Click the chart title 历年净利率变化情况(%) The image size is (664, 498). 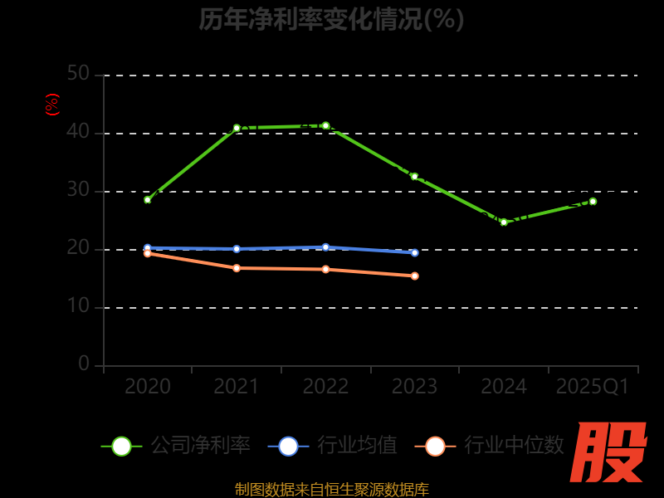[x=331, y=18]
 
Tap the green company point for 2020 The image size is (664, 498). [x=148, y=200]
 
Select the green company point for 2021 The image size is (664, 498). [x=237, y=128]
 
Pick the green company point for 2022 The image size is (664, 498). [x=325, y=125]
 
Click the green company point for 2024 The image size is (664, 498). [x=504, y=222]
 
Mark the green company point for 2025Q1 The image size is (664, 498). [x=593, y=201]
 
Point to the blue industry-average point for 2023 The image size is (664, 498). [x=415, y=252]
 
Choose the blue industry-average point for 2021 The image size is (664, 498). [x=237, y=249]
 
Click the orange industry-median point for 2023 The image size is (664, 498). [x=415, y=276]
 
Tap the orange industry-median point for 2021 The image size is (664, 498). [x=237, y=268]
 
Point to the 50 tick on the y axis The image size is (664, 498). [x=78, y=75]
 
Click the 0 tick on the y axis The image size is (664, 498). [x=84, y=364]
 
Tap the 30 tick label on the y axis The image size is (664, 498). [x=78, y=190]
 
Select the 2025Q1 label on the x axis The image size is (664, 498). [x=593, y=387]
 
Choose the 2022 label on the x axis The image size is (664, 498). [x=325, y=387]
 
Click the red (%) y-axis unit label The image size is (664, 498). [x=52, y=105]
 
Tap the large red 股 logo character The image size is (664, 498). [x=611, y=452]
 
